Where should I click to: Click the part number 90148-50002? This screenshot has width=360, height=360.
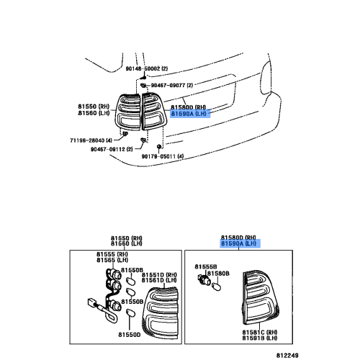(x=141, y=68)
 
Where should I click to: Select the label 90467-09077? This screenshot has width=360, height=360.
(x=170, y=85)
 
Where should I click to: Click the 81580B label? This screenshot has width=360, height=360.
(x=218, y=274)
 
